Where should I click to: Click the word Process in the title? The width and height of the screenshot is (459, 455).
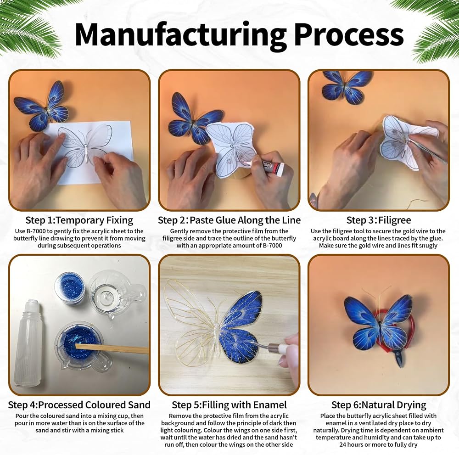tap(349, 34)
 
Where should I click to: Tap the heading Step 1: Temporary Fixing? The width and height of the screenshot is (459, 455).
tap(79, 220)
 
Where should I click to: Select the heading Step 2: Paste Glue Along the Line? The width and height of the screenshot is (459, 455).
tap(229, 220)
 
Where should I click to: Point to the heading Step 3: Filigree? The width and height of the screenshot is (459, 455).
tap(379, 220)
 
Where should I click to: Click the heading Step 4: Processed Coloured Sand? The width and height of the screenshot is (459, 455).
tap(79, 405)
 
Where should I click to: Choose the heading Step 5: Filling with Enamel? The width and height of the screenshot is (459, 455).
tap(229, 405)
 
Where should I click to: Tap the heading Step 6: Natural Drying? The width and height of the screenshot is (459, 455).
tap(379, 405)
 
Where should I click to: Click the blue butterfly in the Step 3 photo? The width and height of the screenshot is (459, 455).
tap(343, 87)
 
